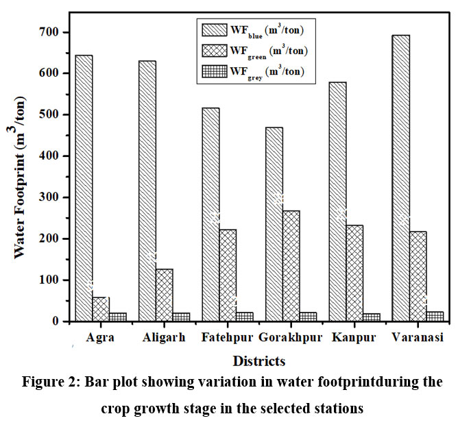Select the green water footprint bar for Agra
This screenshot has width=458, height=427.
(101, 309)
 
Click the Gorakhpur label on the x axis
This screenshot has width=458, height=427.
(290, 338)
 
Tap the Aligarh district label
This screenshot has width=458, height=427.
(165, 338)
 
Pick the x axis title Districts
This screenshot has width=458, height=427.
(259, 360)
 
